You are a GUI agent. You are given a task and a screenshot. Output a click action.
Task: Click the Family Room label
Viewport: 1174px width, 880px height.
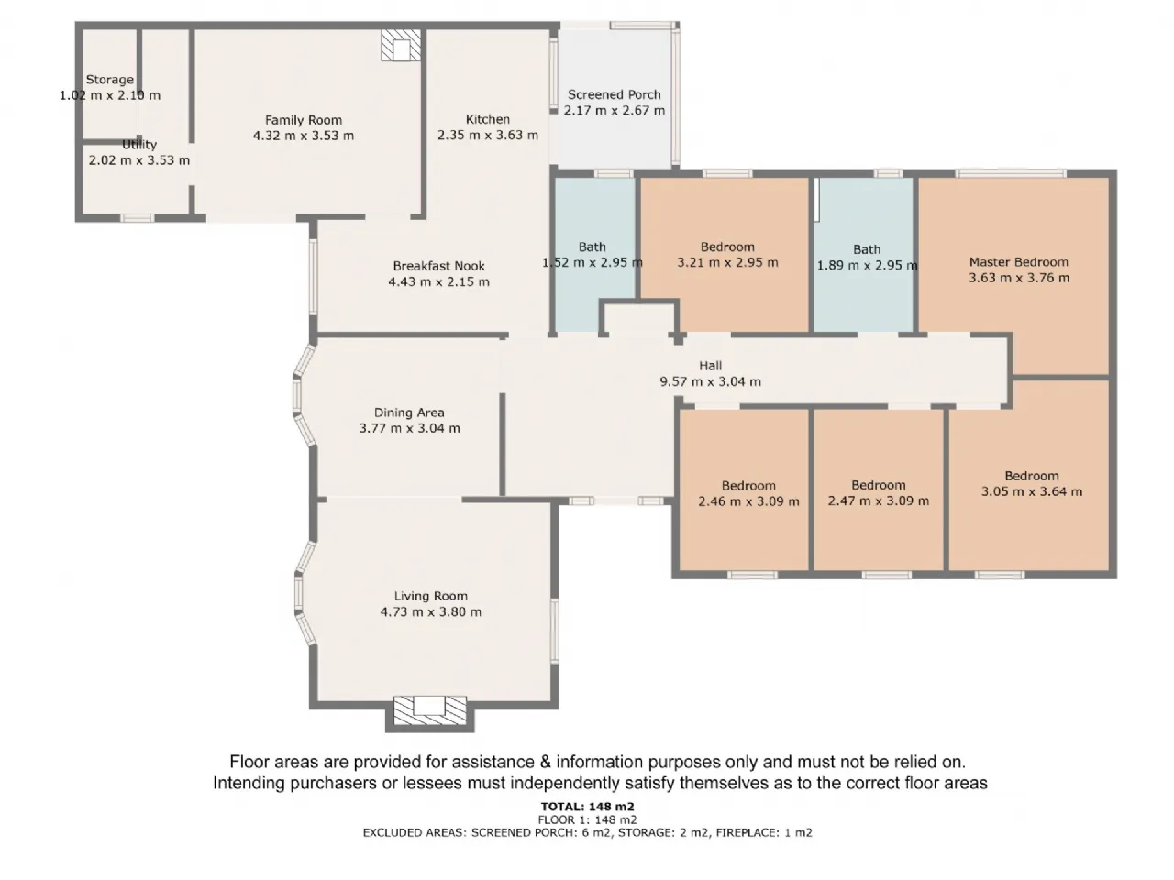point(304,120)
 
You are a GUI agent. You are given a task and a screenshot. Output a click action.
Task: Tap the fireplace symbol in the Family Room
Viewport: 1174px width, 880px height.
point(401,45)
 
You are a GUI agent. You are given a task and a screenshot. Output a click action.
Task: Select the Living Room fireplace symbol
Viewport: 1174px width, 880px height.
point(429,710)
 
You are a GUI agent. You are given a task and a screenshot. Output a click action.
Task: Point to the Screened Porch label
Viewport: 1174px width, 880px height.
point(614,94)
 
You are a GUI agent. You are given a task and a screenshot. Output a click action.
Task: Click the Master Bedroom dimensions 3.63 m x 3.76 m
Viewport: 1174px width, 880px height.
point(1019,278)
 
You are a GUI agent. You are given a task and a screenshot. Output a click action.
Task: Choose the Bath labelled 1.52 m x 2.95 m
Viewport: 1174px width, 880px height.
point(594,255)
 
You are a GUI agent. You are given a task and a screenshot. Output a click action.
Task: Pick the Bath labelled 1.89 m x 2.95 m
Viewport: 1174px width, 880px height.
point(864,255)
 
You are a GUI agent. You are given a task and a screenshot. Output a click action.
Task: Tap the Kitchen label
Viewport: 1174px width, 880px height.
point(488,119)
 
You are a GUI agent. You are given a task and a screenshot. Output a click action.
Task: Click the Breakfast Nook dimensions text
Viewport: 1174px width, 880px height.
point(438,281)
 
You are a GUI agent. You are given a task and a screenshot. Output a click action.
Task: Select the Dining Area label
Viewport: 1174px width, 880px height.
point(409,412)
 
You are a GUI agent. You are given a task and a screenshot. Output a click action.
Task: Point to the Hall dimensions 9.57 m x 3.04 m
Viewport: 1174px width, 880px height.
point(710,381)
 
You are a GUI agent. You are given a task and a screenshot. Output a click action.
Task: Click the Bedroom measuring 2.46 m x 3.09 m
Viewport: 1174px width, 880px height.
point(744,489)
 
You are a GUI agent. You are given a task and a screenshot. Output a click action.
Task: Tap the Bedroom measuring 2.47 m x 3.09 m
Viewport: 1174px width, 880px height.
point(879,489)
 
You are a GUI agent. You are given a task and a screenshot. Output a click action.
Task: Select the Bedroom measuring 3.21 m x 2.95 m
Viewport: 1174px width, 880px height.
point(725,255)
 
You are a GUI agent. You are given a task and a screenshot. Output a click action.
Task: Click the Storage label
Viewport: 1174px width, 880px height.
point(110,80)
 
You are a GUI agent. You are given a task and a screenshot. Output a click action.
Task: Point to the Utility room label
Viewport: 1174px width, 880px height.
point(139,145)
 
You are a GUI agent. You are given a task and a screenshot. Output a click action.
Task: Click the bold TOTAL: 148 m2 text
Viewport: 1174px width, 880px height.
point(587,807)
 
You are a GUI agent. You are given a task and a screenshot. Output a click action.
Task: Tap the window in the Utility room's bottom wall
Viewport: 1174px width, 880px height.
point(137,218)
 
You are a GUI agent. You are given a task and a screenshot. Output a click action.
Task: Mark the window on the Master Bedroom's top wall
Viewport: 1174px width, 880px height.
point(1011,173)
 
